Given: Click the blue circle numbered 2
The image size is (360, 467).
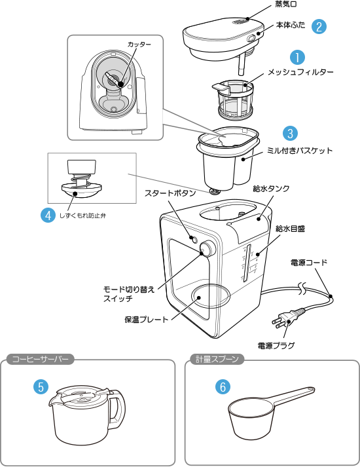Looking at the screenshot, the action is tap(319, 26).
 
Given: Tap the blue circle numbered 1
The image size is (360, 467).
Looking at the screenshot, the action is tap(298, 57).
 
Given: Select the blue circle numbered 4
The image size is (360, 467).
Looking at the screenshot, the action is tap(48, 215).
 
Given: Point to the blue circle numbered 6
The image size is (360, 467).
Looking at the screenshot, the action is tap(223, 386).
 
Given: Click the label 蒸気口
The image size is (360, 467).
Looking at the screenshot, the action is tap(285, 4).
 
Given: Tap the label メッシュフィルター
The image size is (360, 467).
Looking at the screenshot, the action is tap(300, 72).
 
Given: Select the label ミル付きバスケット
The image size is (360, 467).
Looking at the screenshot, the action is tap(299, 151).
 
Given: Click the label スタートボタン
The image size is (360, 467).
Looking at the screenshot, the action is tap(170, 193).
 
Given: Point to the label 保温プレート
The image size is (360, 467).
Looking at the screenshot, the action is tap(147, 320).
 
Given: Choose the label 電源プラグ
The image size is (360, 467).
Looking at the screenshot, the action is tap(276, 345).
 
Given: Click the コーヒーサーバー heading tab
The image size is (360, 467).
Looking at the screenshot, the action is tap(40, 359).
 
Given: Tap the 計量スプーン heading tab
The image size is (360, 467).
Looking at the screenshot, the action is tap(217, 359).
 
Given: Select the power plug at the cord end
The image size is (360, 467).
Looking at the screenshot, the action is tap(288, 318).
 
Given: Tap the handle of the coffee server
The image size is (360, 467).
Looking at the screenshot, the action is tap(118, 409).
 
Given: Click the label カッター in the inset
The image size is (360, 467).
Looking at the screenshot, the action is tap(139, 45).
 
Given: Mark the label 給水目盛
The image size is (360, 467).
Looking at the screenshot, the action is tap(290, 229).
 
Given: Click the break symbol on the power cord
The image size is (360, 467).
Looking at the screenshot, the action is tap(302, 288).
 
